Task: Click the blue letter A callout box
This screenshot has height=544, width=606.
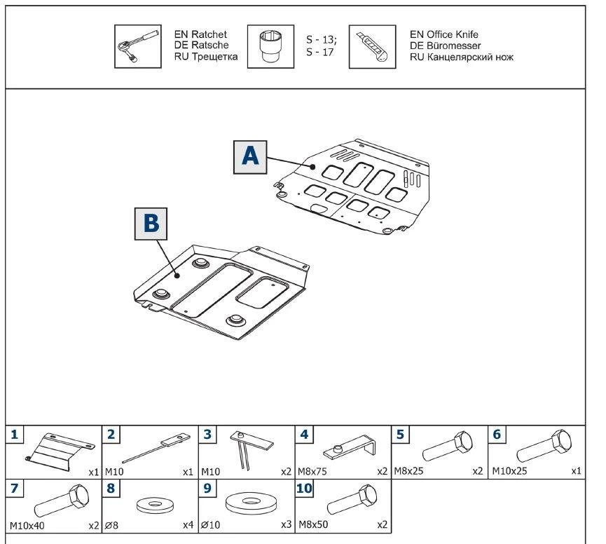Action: point(250,156)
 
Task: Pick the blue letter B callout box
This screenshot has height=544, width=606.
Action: point(151,224)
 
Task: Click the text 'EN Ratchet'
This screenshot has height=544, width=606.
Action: point(198,34)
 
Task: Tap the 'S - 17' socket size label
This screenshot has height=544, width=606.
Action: point(320,53)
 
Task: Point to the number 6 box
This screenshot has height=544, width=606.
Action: point(497,435)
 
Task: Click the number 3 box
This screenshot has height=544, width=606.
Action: point(207,435)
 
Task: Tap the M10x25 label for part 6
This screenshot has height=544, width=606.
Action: point(507,471)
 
